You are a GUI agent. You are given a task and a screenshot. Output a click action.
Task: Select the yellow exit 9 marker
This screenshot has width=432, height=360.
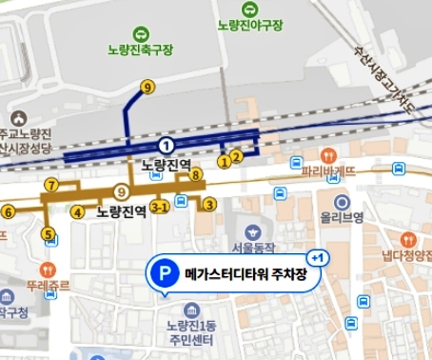click(147, 88)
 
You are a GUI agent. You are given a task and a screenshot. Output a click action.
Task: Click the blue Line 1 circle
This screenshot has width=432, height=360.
click(167, 145)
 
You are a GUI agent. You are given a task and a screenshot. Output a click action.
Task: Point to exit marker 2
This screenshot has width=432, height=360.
click(237, 153)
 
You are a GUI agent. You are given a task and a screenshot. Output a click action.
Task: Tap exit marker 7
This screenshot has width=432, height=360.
click(51, 184)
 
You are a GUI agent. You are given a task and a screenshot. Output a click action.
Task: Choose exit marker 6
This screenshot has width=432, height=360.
click(8, 211)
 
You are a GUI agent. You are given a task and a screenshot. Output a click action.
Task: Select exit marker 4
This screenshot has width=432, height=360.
click(77, 211)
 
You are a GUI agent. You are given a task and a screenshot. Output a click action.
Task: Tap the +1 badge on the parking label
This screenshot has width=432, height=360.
click(317, 258)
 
